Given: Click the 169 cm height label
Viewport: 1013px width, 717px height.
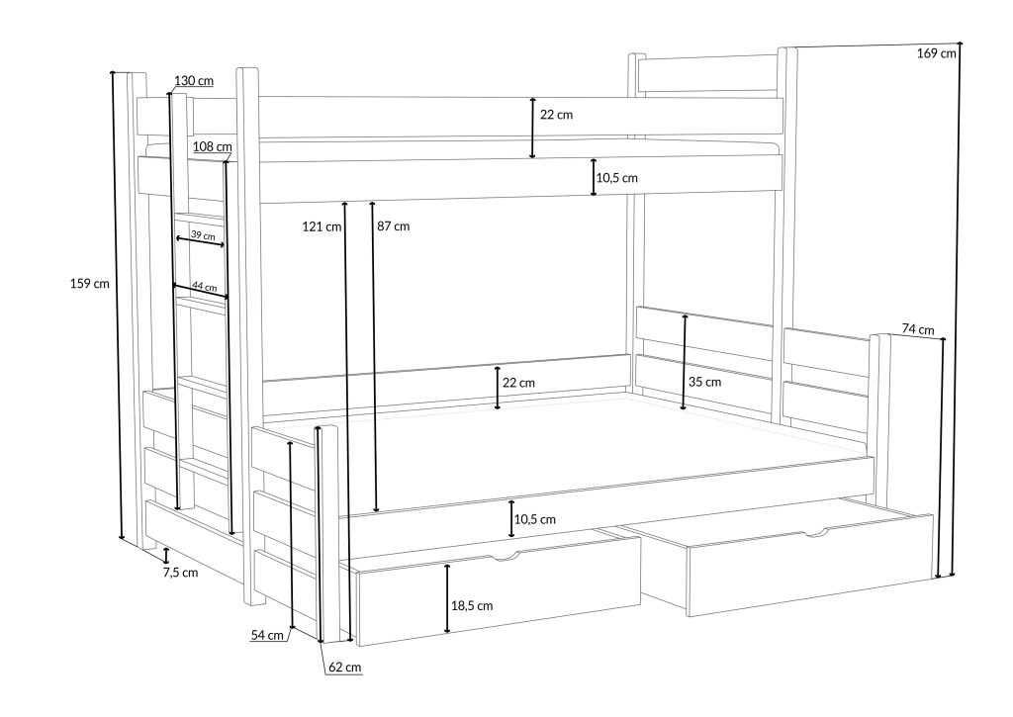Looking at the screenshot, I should (936, 53).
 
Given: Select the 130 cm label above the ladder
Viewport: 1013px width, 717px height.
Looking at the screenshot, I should (193, 80).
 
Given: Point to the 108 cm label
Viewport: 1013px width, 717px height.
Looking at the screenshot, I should (211, 146).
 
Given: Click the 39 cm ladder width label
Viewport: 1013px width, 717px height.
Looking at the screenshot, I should (202, 235).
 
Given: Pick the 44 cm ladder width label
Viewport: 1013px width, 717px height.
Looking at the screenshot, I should (204, 286).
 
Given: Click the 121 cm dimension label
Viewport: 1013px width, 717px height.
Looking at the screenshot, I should (322, 226).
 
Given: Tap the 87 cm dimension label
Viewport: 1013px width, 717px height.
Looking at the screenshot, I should (393, 226).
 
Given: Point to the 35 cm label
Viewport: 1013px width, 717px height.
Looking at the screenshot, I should (705, 382).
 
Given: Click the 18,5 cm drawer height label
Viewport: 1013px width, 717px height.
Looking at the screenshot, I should (471, 605).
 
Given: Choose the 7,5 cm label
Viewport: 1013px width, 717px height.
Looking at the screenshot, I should (181, 572).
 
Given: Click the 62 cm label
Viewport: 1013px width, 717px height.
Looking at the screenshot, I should (344, 668).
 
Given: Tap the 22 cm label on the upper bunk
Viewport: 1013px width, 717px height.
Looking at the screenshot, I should (556, 115).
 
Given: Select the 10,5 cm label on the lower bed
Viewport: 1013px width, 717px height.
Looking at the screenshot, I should (534, 519).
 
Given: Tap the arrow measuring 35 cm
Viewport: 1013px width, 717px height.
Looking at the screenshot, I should (685, 361).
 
